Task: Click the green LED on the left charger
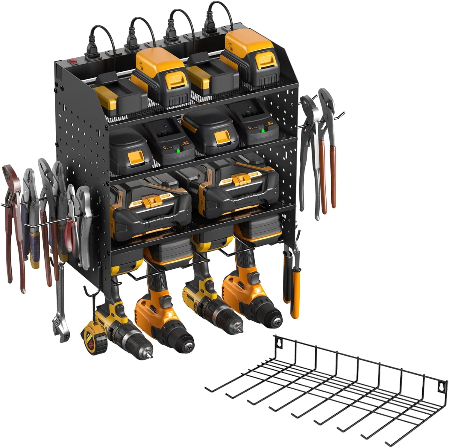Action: pos(178,150)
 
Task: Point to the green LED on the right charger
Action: pos(263,130)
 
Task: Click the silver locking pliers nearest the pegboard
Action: pos(84,227)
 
